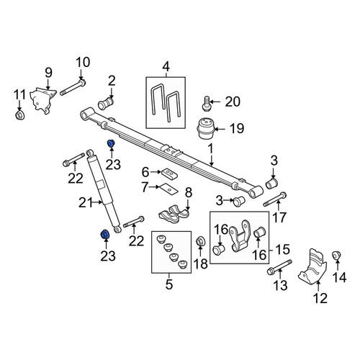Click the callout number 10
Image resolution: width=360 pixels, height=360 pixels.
point(83,63)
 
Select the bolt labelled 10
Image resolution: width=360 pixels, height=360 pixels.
point(73,88)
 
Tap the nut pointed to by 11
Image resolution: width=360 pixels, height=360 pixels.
point(19,115)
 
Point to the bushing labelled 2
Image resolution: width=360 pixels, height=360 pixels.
point(106,104)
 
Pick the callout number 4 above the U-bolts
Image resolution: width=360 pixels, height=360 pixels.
point(166,66)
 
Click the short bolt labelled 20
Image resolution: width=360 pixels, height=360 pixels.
point(206,104)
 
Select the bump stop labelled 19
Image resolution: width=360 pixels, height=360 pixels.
point(205,128)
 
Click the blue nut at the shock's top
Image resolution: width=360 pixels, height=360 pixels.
point(111,144)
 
